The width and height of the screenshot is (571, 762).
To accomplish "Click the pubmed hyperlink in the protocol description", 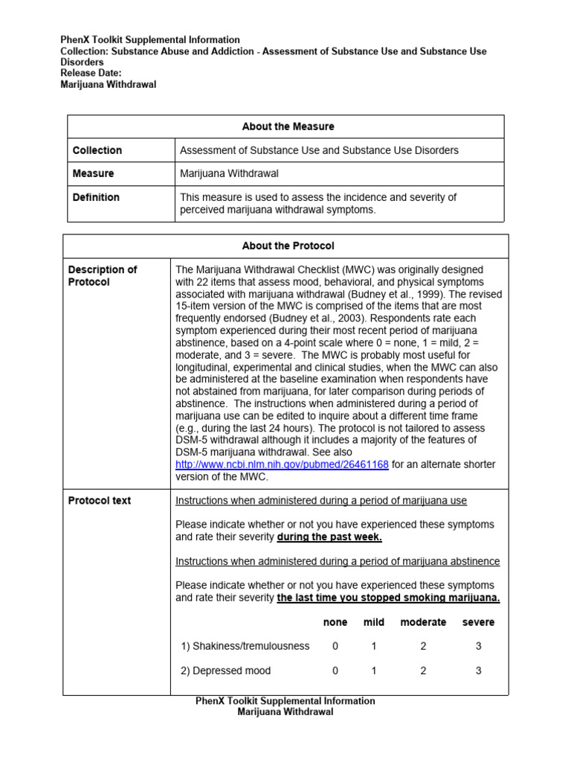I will point(282,464).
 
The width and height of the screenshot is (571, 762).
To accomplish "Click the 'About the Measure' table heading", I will point(288,127).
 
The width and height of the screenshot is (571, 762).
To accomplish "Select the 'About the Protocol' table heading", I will point(288,246).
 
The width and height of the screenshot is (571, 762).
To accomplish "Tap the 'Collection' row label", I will point(97,150).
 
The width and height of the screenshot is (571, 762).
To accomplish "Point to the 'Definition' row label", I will point(96,197).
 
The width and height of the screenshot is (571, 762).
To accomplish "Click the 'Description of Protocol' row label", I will point(103,275).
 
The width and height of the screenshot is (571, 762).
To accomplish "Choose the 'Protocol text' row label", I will point(100,501).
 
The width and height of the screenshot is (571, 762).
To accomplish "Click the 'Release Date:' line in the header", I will point(91,73).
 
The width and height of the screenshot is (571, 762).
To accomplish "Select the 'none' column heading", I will point(335,622).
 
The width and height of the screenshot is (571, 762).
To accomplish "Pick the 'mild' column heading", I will point(374,622).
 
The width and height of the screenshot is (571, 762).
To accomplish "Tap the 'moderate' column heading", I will point(423,622).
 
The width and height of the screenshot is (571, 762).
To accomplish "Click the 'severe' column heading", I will point(478,622).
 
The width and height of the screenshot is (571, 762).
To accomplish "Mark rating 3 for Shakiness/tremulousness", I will point(479,647).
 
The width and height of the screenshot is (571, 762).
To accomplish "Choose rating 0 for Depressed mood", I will point(335,670).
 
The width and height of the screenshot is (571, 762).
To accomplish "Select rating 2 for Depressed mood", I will point(423,670).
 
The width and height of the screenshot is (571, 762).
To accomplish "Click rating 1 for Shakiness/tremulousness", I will point(374,647).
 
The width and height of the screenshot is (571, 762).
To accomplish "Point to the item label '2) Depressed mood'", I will point(226,670).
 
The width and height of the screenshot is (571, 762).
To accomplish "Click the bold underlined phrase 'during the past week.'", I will point(330,537).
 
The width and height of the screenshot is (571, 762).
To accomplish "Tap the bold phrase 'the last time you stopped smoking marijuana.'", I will point(388,598).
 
